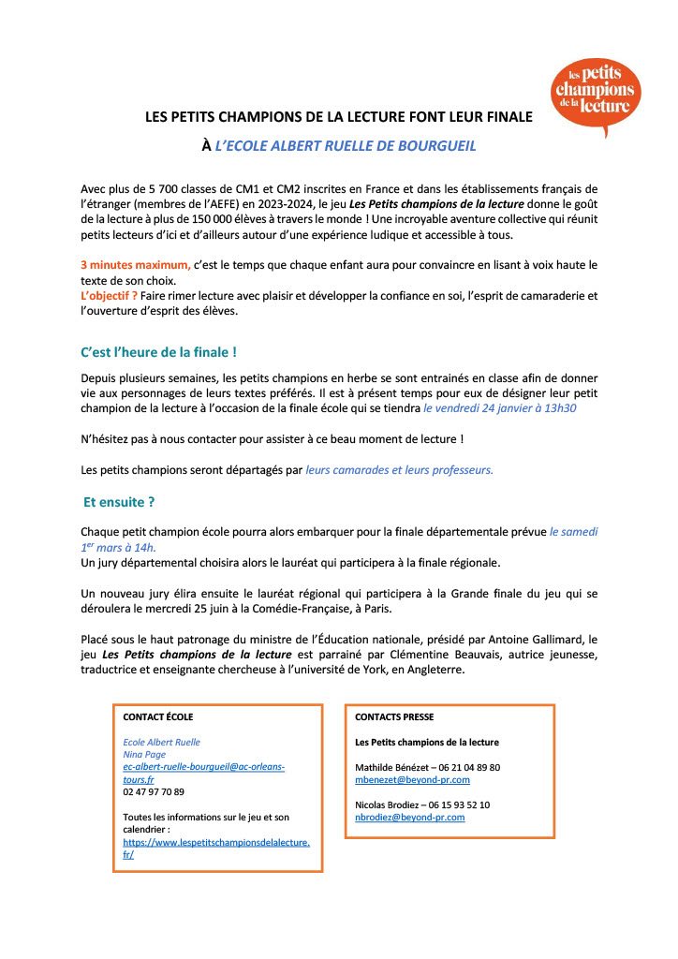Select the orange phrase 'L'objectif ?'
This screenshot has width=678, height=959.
click(x=109, y=296)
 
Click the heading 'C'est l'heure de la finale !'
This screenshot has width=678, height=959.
click(x=159, y=352)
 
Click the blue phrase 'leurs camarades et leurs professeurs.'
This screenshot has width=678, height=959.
click(x=400, y=469)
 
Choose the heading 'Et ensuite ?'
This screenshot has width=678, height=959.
click(x=119, y=501)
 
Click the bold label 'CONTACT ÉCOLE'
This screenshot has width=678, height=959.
click(x=158, y=716)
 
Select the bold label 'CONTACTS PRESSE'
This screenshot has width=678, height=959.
click(x=394, y=716)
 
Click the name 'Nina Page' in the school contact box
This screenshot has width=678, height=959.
click(x=144, y=753)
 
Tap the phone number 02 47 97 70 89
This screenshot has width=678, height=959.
click(x=154, y=791)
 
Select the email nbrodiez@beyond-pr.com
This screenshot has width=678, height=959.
click(x=410, y=817)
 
